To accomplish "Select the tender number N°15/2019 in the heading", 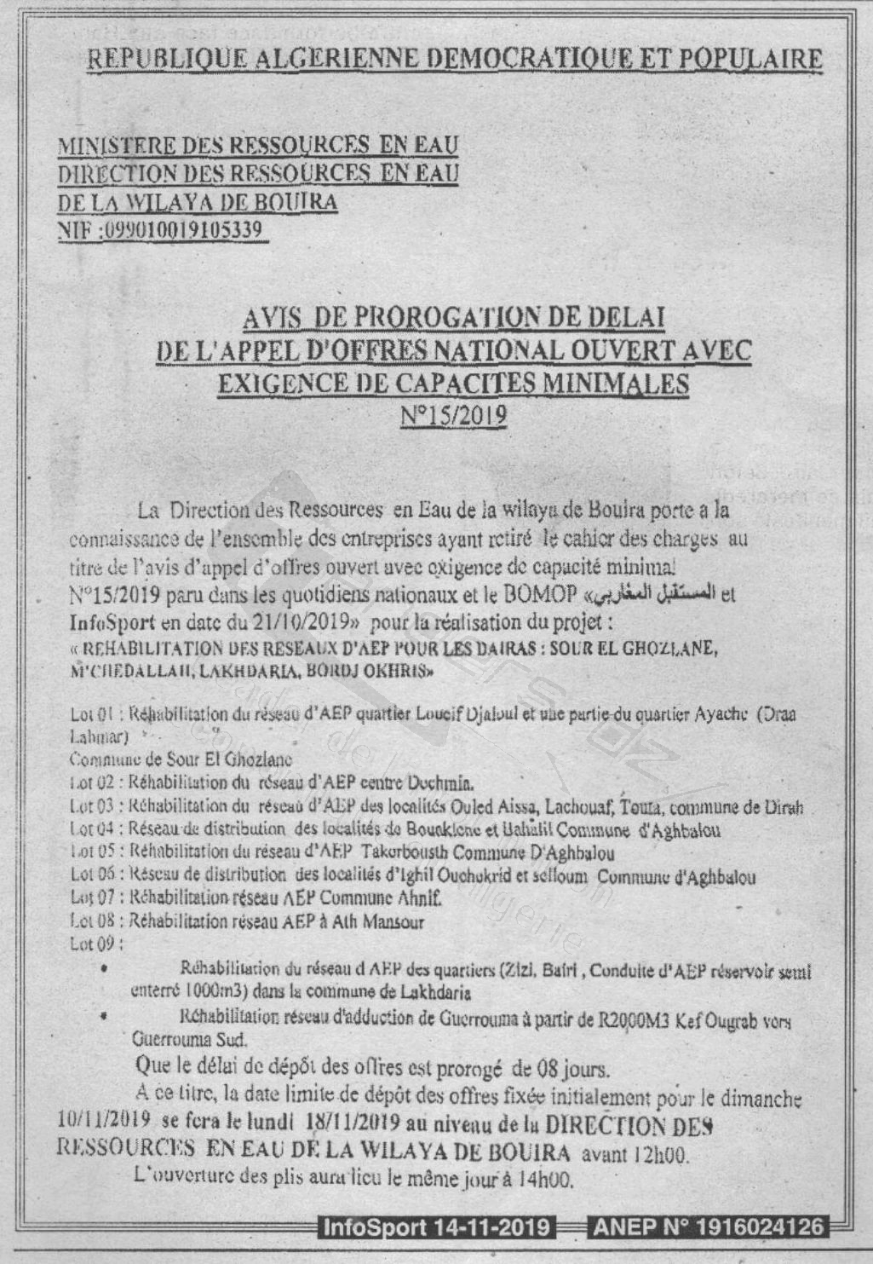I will [454, 415].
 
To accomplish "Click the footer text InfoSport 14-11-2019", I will [437, 1227].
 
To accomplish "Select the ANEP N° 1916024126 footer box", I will [709, 1227].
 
